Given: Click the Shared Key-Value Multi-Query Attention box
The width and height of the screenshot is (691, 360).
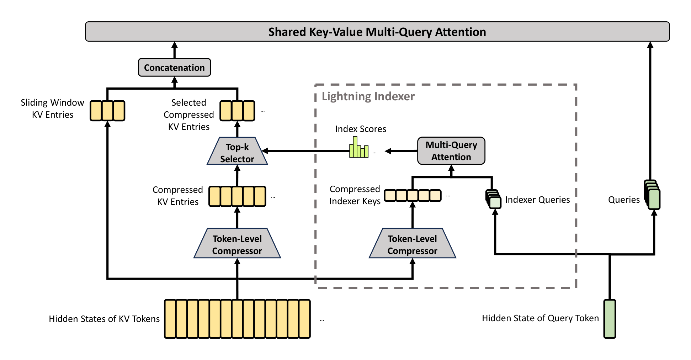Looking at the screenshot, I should (377, 32).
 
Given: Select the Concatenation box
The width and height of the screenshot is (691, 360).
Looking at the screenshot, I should (174, 68).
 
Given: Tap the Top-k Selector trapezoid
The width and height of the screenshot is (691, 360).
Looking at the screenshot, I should (237, 152).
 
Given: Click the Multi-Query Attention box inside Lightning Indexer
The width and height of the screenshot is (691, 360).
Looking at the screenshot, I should (451, 151).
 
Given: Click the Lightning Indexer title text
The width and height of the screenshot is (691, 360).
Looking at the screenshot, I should (368, 96).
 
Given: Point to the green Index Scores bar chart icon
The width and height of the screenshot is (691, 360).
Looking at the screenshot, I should (359, 148).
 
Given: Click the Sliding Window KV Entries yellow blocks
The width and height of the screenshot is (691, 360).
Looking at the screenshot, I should (107, 111).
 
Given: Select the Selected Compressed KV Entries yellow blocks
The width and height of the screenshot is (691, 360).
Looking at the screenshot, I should (237, 111).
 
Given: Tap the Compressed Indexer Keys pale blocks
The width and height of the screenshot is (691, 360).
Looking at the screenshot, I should (413, 195).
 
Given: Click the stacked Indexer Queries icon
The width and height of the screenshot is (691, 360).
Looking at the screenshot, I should (494, 199).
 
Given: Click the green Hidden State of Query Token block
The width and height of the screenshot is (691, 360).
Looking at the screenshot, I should (610, 319).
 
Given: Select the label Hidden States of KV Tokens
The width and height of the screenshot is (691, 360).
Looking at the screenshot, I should (104, 319).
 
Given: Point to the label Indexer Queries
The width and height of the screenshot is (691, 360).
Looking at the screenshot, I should (537, 200).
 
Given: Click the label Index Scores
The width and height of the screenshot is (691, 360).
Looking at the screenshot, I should (361, 129).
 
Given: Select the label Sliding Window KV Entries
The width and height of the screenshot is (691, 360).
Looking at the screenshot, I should (52, 108).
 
